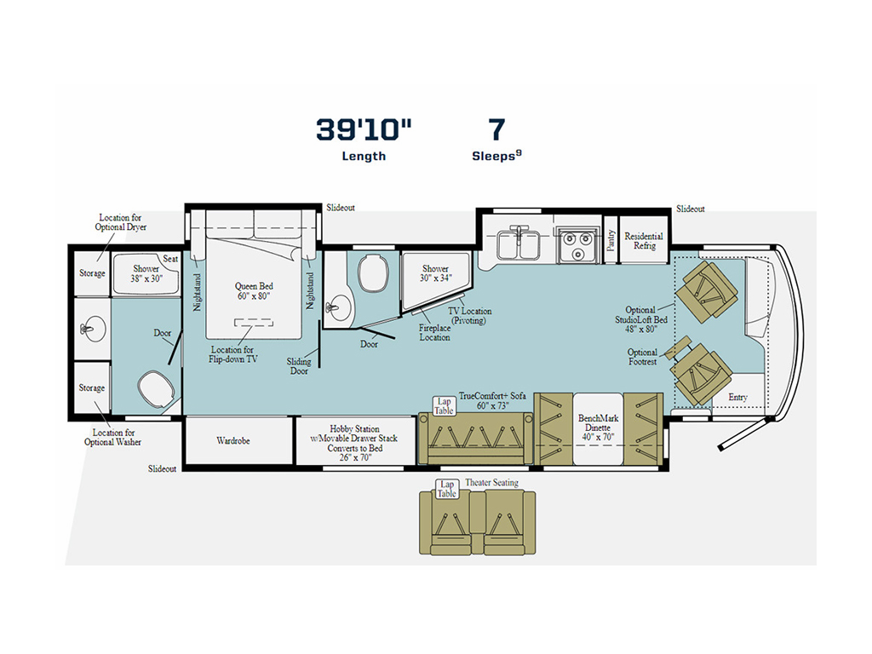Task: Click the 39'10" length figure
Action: (364, 129)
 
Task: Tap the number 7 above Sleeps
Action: (496, 129)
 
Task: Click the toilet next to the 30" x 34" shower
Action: (374, 274)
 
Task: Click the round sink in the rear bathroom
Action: (91, 328)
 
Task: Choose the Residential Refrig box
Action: (644, 240)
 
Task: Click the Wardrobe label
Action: (232, 441)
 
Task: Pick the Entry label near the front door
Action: (738, 398)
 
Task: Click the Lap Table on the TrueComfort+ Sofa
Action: (444, 406)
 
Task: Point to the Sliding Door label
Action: (299, 367)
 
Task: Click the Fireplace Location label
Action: (434, 332)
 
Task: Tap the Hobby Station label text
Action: (355, 429)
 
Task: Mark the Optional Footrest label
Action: (642, 357)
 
